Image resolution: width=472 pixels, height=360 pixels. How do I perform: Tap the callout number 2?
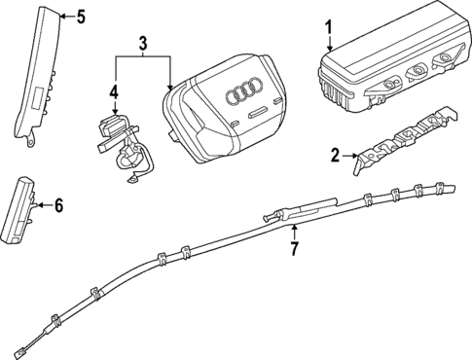334,154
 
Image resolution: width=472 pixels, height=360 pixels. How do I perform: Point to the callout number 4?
114,93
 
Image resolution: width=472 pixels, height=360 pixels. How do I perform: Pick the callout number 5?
81,16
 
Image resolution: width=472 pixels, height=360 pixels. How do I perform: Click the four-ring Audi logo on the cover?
239,94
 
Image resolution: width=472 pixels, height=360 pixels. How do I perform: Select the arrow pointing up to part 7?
293,232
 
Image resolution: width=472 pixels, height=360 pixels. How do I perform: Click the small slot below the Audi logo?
255,114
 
